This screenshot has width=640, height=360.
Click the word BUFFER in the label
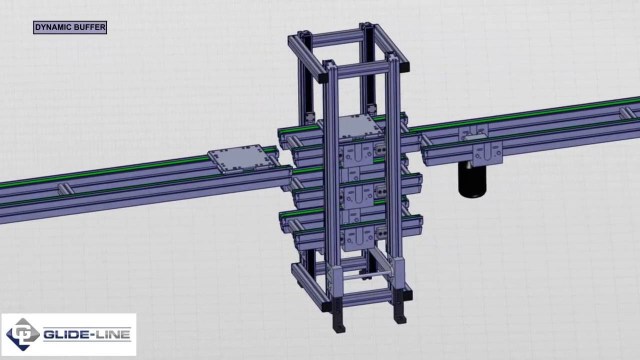click(91, 27)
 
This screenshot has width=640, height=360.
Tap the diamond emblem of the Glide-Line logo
click(23, 334)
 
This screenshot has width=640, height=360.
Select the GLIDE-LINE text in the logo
click(87, 335)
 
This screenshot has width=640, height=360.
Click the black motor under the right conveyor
click(473, 180)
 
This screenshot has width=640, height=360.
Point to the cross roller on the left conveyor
click(65, 189)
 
